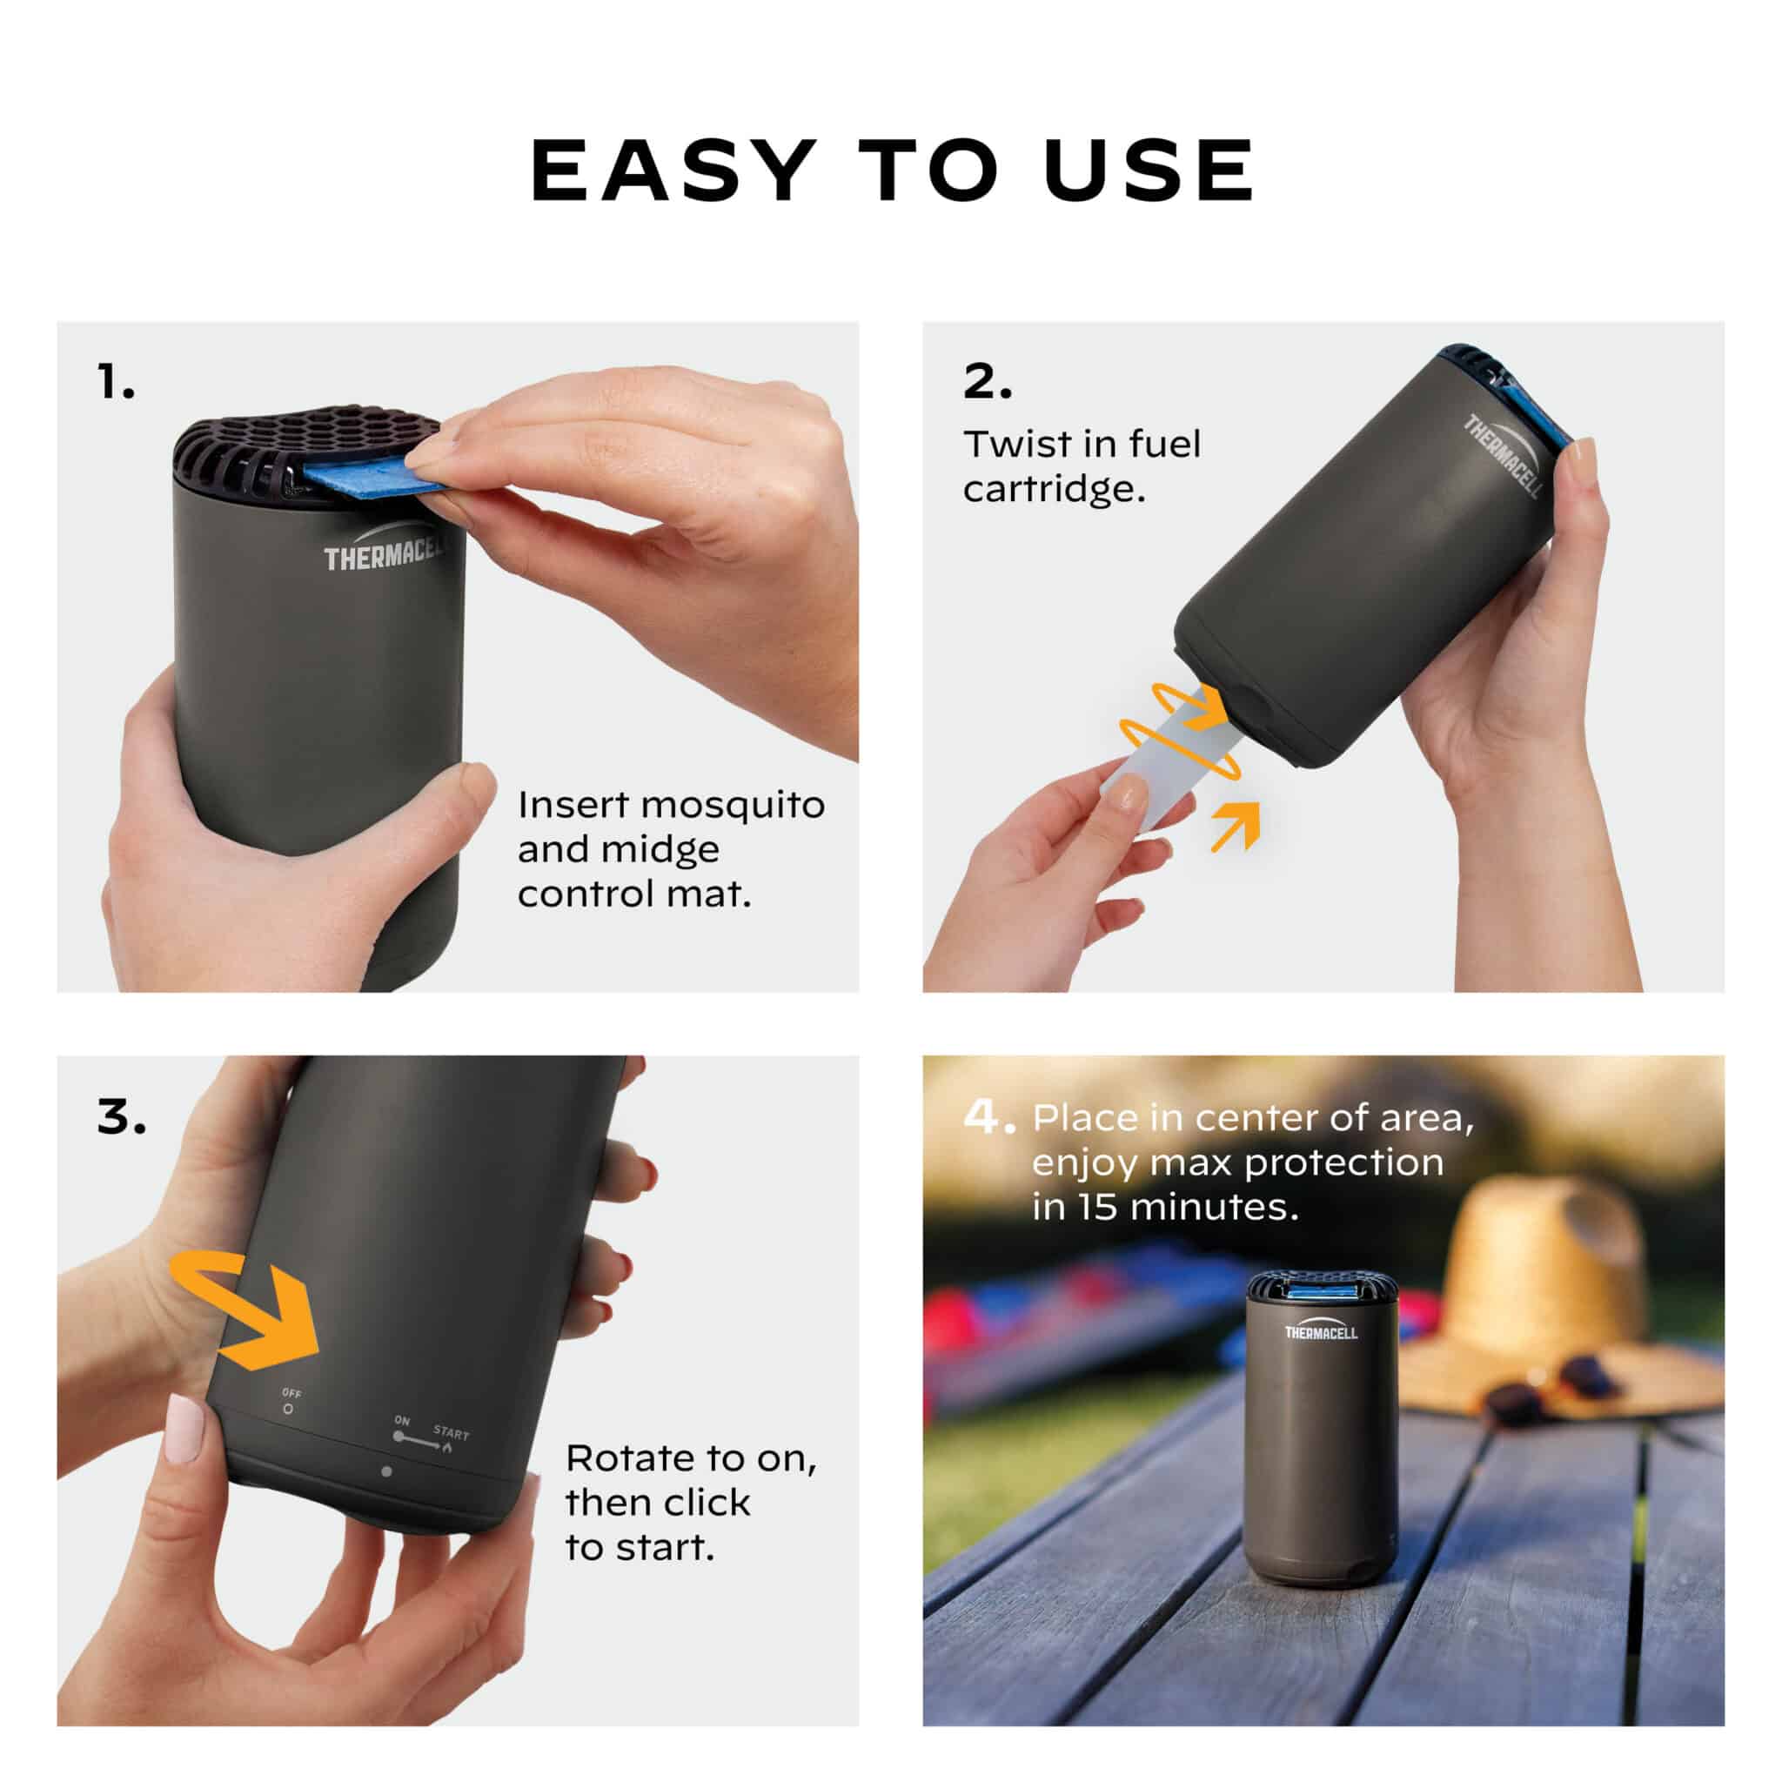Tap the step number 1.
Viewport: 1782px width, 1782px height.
click(116, 381)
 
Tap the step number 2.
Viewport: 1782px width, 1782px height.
click(987, 381)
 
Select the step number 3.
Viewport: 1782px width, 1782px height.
click(122, 1118)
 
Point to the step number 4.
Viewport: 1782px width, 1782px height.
click(988, 1117)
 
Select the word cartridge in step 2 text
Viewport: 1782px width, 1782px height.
click(1054, 489)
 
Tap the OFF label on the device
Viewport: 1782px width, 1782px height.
click(291, 1393)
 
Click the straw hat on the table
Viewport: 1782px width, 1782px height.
click(1558, 1301)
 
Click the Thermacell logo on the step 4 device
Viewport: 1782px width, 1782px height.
click(1322, 1331)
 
